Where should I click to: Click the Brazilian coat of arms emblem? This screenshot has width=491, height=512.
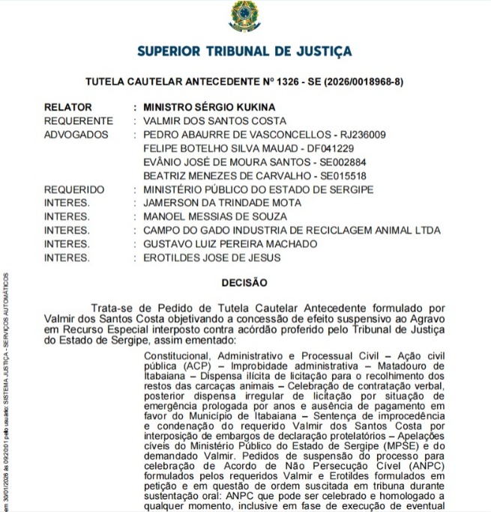point(244,16)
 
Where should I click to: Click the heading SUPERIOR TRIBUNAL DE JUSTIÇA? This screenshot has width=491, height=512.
point(244,51)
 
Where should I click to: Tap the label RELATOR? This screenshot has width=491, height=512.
point(67,108)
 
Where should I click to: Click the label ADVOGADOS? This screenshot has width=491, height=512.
point(76,135)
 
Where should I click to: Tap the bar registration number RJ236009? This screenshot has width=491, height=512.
point(361,135)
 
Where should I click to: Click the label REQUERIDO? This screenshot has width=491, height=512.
point(74,189)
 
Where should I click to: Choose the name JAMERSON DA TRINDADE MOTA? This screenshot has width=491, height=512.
point(222,203)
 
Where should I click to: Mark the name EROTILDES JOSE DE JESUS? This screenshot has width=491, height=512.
point(212,257)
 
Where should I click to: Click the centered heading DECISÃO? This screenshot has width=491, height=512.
point(244,283)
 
